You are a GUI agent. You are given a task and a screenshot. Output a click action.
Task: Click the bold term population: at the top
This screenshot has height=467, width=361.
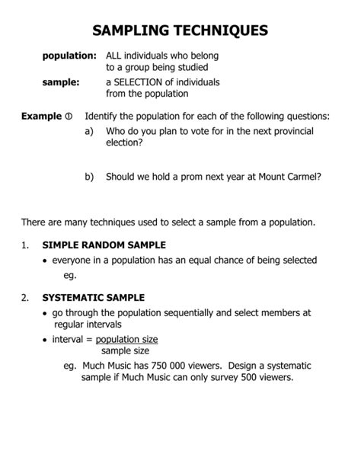(69, 56)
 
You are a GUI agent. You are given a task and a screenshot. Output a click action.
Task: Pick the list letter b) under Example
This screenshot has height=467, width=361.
(89, 176)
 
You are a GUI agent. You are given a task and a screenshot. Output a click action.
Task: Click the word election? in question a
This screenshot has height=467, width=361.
(124, 142)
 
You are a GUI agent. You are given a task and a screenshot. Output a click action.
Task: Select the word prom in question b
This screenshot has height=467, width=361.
(184, 176)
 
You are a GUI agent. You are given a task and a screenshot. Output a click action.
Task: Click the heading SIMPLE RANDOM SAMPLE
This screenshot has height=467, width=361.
(104, 245)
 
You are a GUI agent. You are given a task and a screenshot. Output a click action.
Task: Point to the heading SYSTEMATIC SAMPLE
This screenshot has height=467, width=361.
(93, 297)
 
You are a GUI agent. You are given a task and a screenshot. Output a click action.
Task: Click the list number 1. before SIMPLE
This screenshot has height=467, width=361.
(25, 245)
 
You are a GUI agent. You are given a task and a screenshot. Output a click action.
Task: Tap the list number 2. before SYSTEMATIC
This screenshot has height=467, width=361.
(25, 297)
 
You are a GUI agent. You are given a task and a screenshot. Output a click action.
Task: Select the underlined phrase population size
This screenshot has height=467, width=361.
(126, 339)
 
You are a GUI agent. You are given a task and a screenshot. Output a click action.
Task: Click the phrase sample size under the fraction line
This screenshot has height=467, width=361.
(126, 350)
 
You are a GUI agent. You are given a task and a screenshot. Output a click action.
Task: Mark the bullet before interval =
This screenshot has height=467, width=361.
(45, 340)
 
